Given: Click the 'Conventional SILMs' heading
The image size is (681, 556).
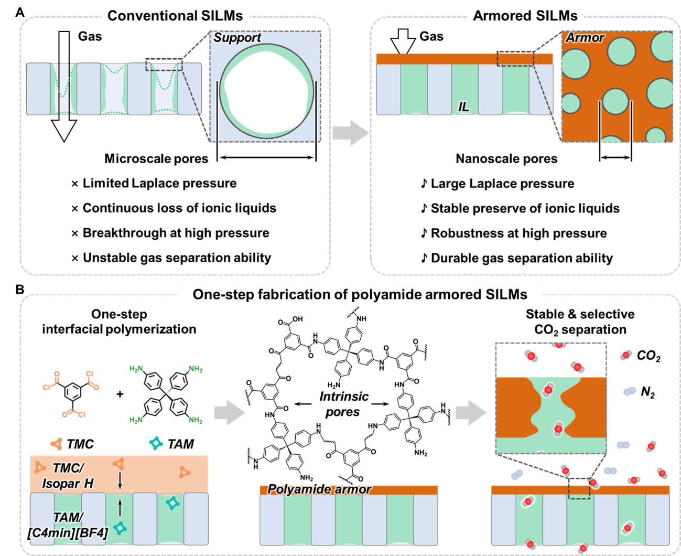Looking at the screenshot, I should pos(175,16).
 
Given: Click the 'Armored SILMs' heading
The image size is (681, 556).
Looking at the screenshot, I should pos(525,16).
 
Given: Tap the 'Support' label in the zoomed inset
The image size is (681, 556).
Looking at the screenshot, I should pos(237,38).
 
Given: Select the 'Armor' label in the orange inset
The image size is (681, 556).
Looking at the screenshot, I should pos(585,38).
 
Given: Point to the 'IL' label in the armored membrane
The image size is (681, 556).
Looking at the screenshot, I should pos(463,107).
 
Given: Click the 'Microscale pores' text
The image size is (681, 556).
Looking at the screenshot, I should pos(156,158).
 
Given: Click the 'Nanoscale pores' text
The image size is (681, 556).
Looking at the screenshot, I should pos(506,158).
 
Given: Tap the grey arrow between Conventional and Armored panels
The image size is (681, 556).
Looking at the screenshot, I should pos(350,132).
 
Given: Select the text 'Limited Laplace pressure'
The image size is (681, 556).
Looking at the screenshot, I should pos(159,183).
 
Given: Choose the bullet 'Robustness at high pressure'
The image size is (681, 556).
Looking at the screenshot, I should pos(518,233).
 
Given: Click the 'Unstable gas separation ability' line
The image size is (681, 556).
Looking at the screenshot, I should pos(177,258).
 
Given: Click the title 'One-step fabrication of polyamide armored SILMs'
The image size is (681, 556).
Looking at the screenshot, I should pos(360,294).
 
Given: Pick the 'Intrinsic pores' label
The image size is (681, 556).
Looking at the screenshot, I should pos(343,404).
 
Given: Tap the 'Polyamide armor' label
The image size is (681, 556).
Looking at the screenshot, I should pos(319,489).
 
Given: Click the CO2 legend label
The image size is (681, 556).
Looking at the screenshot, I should pos(648,356).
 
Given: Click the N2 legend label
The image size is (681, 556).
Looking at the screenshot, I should pos(648,392).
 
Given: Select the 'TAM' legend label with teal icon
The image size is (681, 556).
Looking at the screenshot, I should pos(180,444).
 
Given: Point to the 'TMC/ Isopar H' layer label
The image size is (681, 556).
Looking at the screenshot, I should pos(68,475).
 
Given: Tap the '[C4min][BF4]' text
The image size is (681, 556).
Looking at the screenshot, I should pos(67,533).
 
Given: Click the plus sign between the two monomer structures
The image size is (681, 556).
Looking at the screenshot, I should pos(120,394).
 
